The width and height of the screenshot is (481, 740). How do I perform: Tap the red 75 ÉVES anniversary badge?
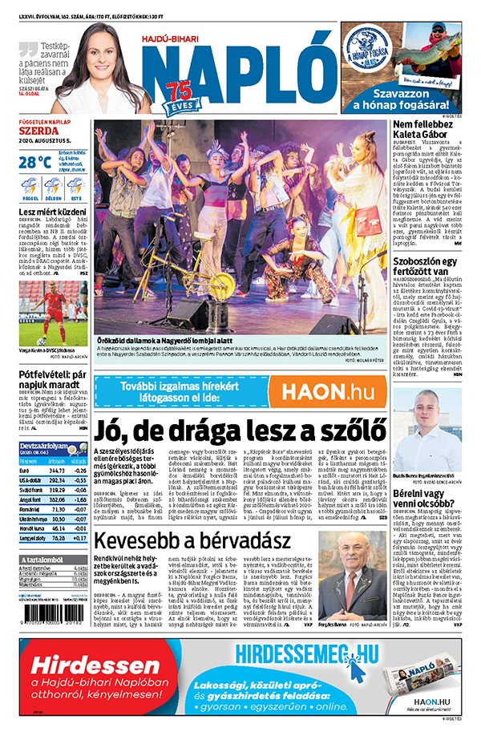pos(179,94)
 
